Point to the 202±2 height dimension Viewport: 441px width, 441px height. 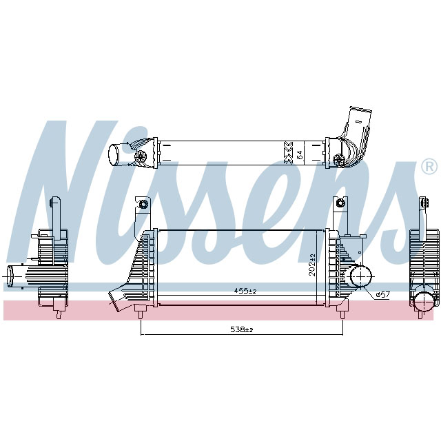[312, 265]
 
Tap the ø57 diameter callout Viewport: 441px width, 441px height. [383, 295]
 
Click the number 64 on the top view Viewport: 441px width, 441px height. [299, 154]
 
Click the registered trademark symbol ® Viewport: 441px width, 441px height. [428, 167]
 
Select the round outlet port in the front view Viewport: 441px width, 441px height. [360, 276]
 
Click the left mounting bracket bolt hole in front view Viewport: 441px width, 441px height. [143, 205]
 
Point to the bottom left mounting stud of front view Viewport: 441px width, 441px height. [141, 314]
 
